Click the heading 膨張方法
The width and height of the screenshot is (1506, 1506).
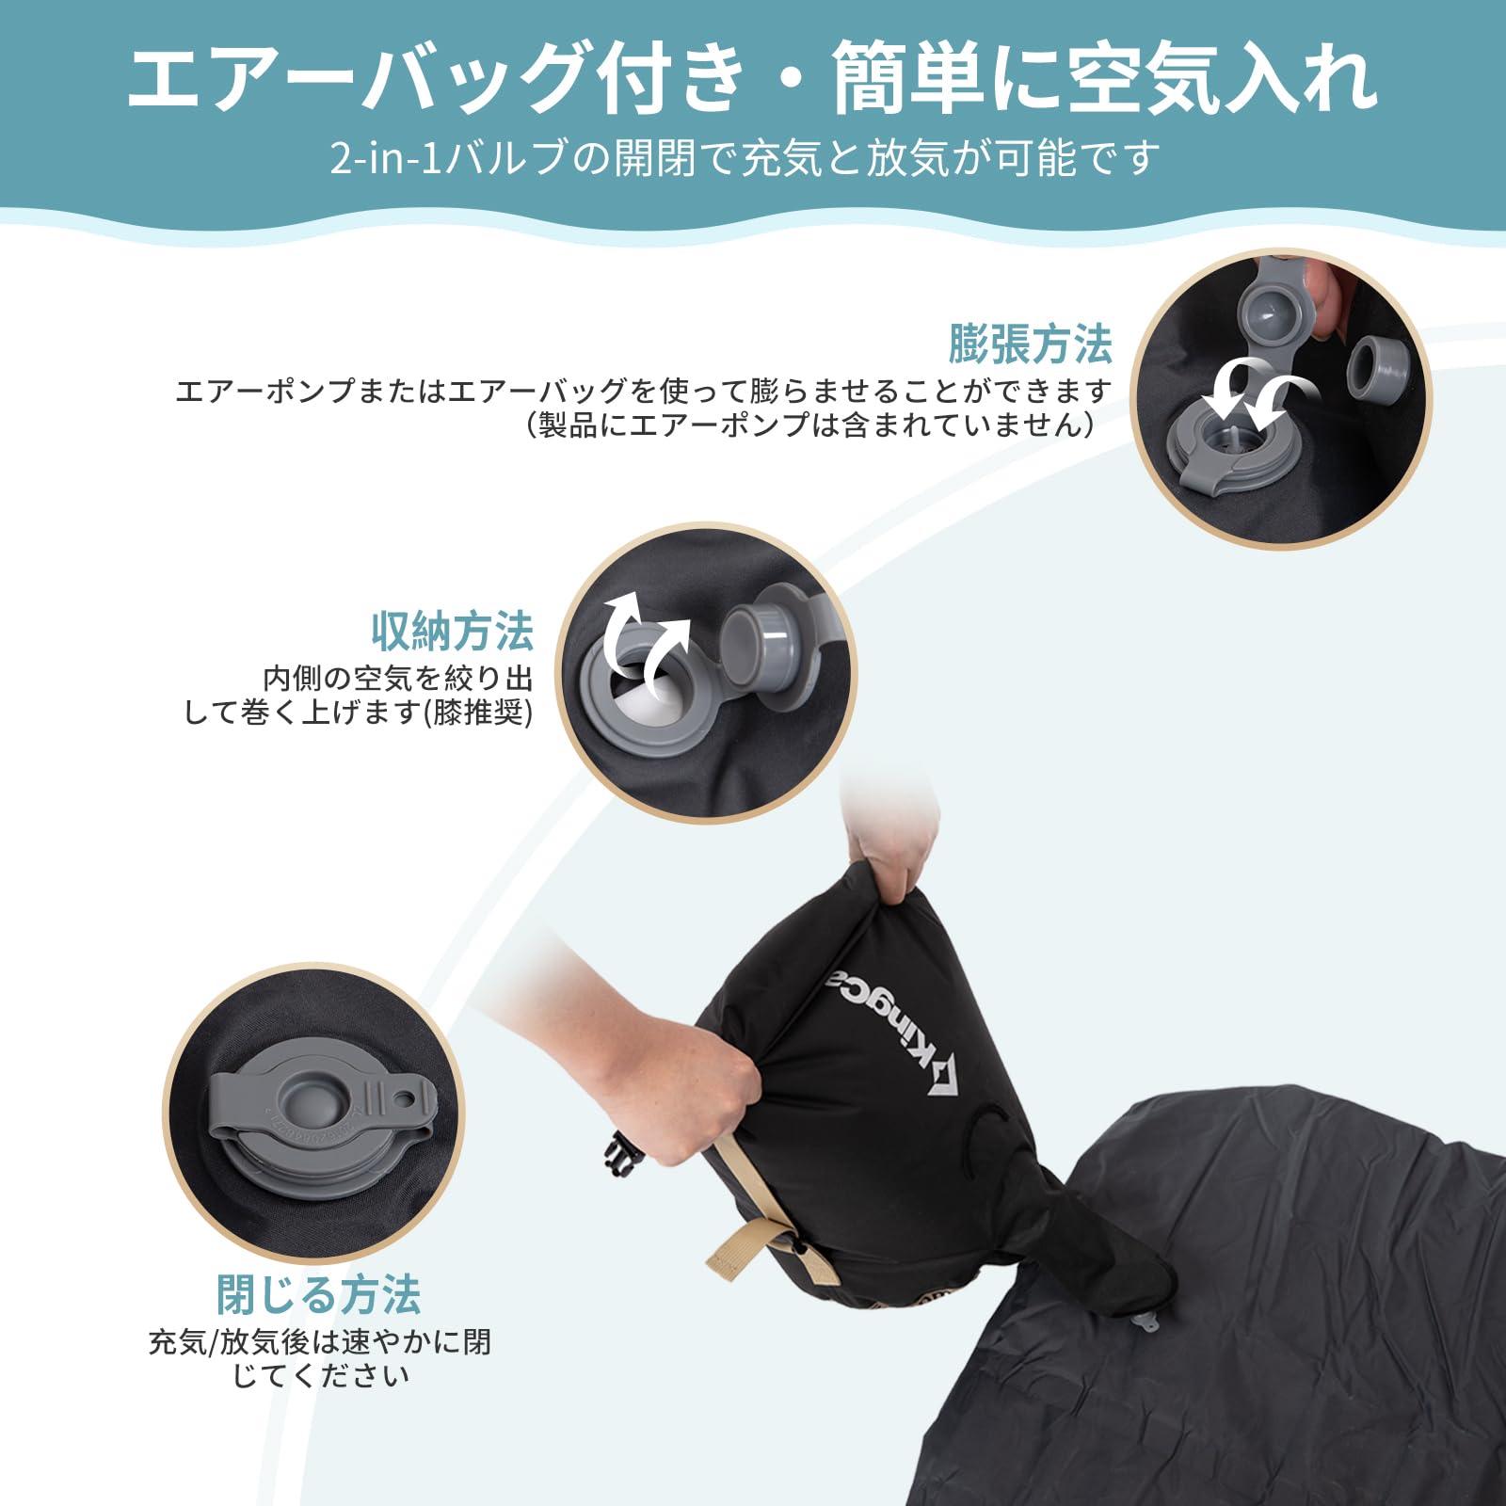1030,344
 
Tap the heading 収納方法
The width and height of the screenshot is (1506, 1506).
452,631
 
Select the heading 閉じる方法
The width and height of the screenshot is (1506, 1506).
318,1294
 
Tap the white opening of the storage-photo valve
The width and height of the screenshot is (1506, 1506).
642,692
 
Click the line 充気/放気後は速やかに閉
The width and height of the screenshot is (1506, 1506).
320,1341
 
